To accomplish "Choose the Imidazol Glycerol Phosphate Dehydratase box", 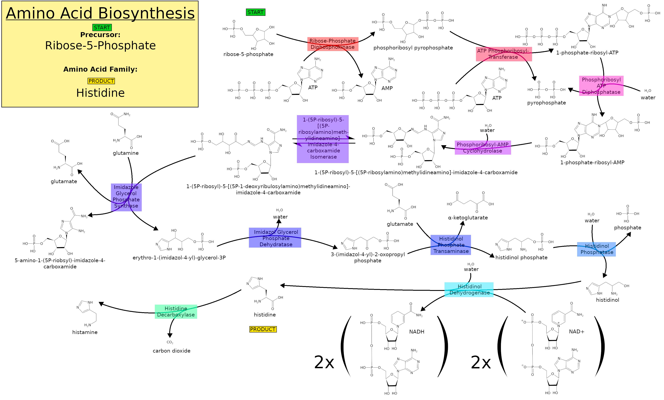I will click(275, 238).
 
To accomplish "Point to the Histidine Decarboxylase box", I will click(176, 312).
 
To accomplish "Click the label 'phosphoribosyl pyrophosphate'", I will click(413, 48).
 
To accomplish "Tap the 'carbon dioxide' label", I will click(171, 351).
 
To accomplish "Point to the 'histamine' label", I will click(85, 332).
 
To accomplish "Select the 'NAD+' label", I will click(576, 331).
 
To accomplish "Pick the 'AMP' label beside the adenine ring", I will click(387, 88).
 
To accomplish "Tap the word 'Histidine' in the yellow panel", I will click(100, 93).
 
